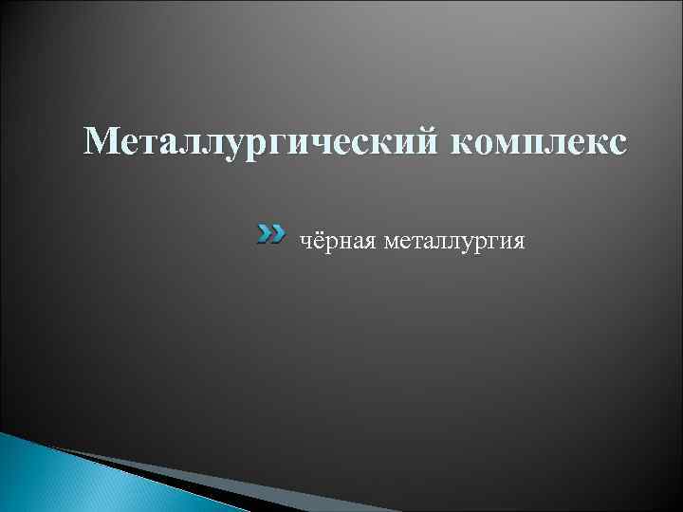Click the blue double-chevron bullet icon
point(270,232)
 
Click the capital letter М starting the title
point(101,142)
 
